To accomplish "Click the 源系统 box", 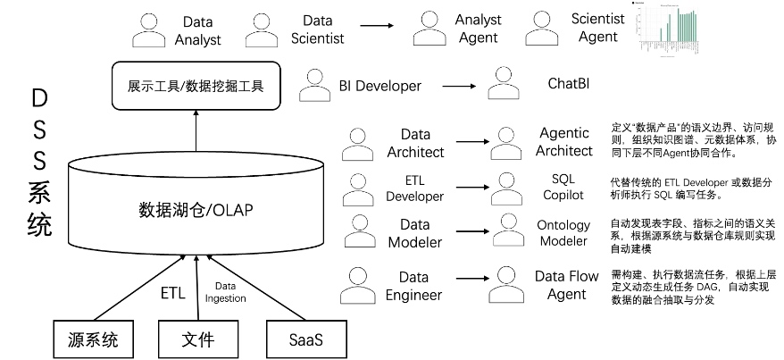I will [93, 340].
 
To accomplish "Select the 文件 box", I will [197, 340].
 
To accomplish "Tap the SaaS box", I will [305, 340].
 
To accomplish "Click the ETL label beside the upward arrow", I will [173, 292].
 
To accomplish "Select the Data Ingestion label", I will [225, 292].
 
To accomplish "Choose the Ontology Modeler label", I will [563, 233].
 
